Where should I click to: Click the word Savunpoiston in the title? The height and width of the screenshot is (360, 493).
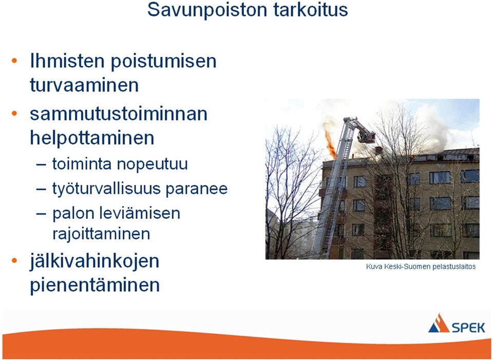[x=207, y=10]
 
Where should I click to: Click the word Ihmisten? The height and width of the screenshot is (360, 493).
[x=67, y=61]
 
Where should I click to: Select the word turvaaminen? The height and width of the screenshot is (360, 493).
[x=84, y=85]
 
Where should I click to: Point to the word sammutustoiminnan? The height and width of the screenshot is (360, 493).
[x=119, y=113]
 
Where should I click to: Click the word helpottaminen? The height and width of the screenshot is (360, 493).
[x=92, y=138]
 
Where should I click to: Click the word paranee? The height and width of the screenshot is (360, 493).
[x=197, y=189]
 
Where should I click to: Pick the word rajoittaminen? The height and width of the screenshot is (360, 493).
[x=101, y=234]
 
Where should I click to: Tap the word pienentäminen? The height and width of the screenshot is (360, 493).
[x=94, y=285]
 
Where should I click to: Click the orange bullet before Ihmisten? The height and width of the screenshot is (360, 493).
[x=14, y=61]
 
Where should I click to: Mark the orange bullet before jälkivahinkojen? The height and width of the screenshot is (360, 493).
[x=14, y=261]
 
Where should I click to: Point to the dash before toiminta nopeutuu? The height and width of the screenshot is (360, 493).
[x=41, y=165]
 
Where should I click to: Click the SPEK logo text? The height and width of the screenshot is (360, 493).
[x=468, y=328]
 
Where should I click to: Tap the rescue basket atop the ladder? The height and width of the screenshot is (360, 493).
[x=366, y=137]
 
